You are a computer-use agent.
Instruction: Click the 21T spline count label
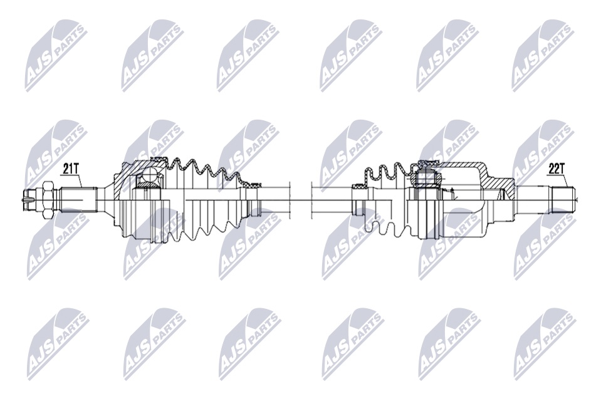coord(70,169)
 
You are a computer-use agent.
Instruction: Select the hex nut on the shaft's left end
coord(48,200)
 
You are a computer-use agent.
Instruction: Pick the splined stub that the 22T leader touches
coord(563,200)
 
